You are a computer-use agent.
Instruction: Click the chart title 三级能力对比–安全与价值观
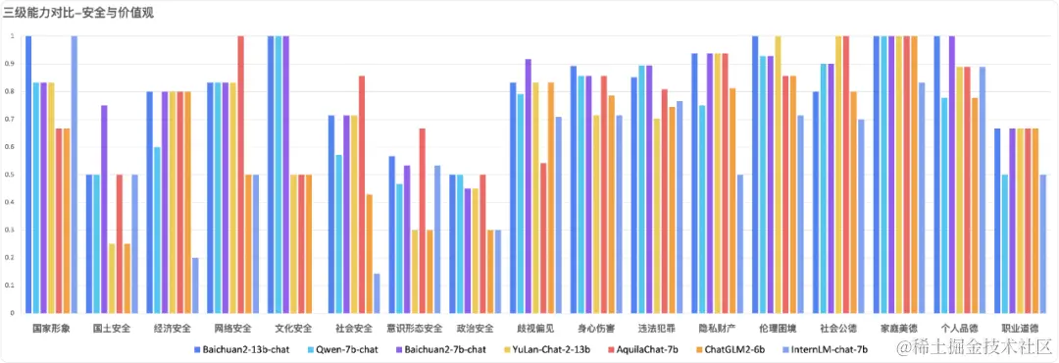(x=78, y=13)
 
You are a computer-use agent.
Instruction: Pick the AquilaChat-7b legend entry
(x=648, y=348)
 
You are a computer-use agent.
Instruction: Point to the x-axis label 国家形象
(x=51, y=328)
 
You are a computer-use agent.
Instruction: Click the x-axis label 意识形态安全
(x=415, y=328)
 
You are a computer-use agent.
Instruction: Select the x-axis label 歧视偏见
(x=535, y=328)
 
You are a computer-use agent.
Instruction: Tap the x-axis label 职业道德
(x=1020, y=328)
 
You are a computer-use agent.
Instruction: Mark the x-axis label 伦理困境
(x=778, y=328)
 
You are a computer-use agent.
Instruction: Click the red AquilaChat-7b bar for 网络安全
(x=241, y=175)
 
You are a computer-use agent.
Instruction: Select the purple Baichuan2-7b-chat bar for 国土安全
(x=105, y=209)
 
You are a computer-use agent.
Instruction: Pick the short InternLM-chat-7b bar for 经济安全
(x=195, y=285)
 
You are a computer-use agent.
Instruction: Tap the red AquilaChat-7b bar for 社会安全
(x=362, y=194)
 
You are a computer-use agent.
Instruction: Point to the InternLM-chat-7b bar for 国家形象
(x=75, y=175)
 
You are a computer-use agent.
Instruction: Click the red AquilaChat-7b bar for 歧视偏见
(x=543, y=238)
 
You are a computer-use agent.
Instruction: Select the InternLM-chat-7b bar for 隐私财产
(x=740, y=244)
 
